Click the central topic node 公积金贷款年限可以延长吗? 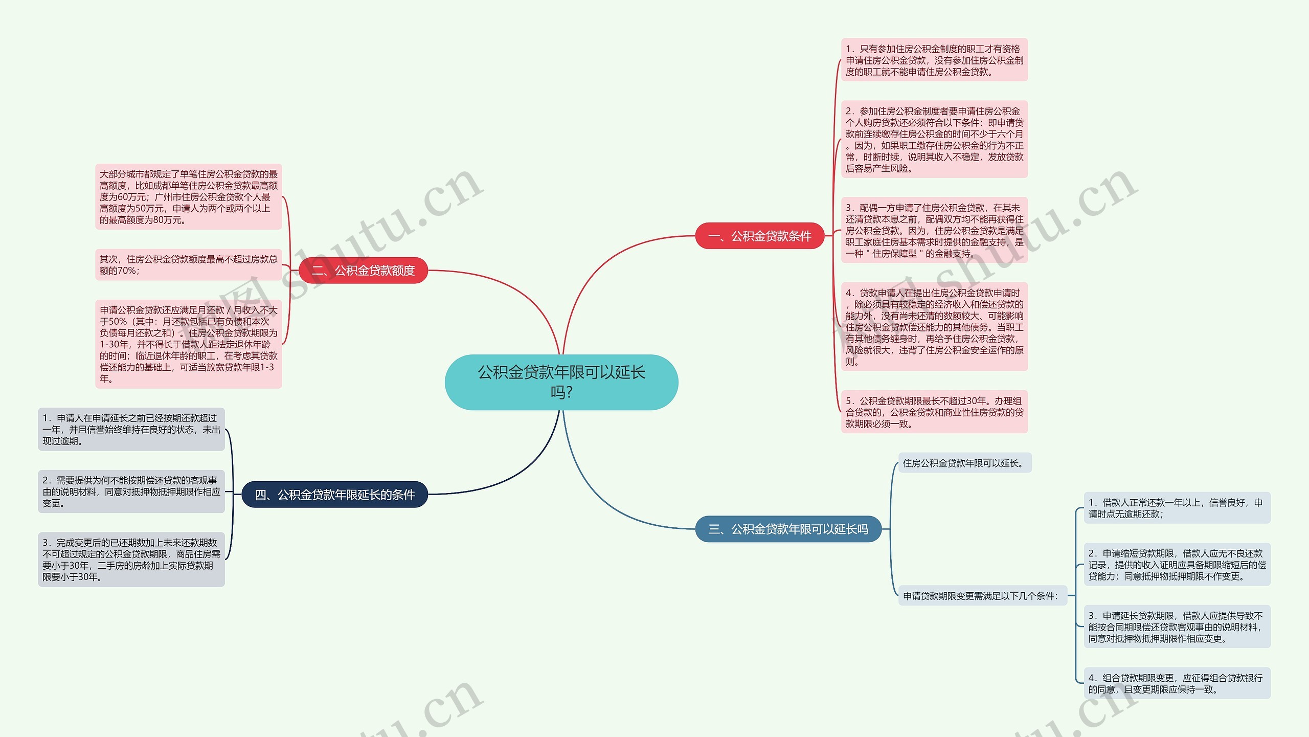pyautogui.click(x=561, y=382)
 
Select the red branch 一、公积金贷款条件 pyautogui.click(x=759, y=236)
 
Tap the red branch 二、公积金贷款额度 pyautogui.click(x=363, y=271)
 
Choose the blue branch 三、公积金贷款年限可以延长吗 pyautogui.click(x=788, y=529)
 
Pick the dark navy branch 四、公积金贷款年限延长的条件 pyautogui.click(x=334, y=495)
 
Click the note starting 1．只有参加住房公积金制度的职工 pyautogui.click(x=934, y=60)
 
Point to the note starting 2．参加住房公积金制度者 pyautogui.click(x=934, y=140)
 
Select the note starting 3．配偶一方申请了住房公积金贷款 pyautogui.click(x=934, y=230)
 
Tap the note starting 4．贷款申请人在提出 pyautogui.click(x=934, y=327)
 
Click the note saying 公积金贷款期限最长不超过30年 pyautogui.click(x=934, y=412)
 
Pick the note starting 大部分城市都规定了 pyautogui.click(x=188, y=197)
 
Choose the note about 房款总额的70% pyautogui.click(x=188, y=265)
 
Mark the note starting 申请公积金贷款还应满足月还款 pyautogui.click(x=188, y=344)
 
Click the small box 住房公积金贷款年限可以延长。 pyautogui.click(x=964, y=463)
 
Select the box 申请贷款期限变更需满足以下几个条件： pyautogui.click(x=982, y=596)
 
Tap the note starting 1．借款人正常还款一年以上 pyautogui.click(x=1177, y=508)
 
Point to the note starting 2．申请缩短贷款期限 pyautogui.click(x=1177, y=565)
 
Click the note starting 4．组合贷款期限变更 pyautogui.click(x=1177, y=683)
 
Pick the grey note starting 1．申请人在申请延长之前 pyautogui.click(x=131, y=430)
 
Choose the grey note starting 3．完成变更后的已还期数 pyautogui.click(x=131, y=560)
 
